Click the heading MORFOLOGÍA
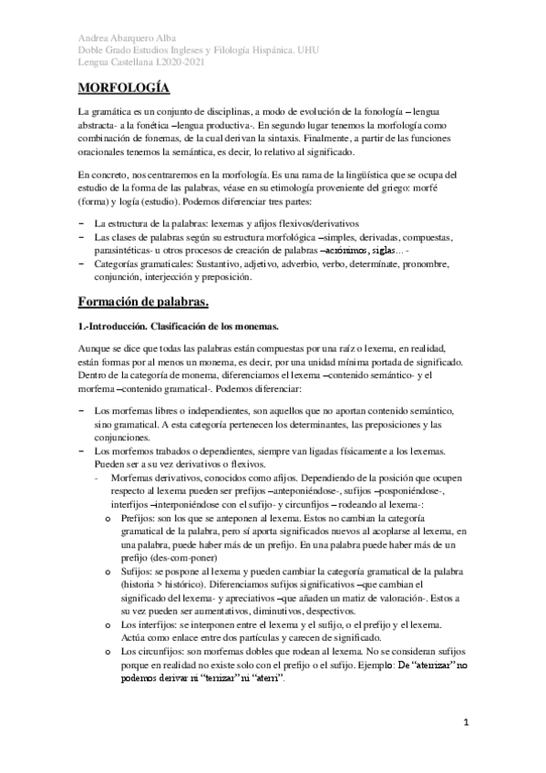tap(122, 88)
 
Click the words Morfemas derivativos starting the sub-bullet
tap(151, 478)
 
